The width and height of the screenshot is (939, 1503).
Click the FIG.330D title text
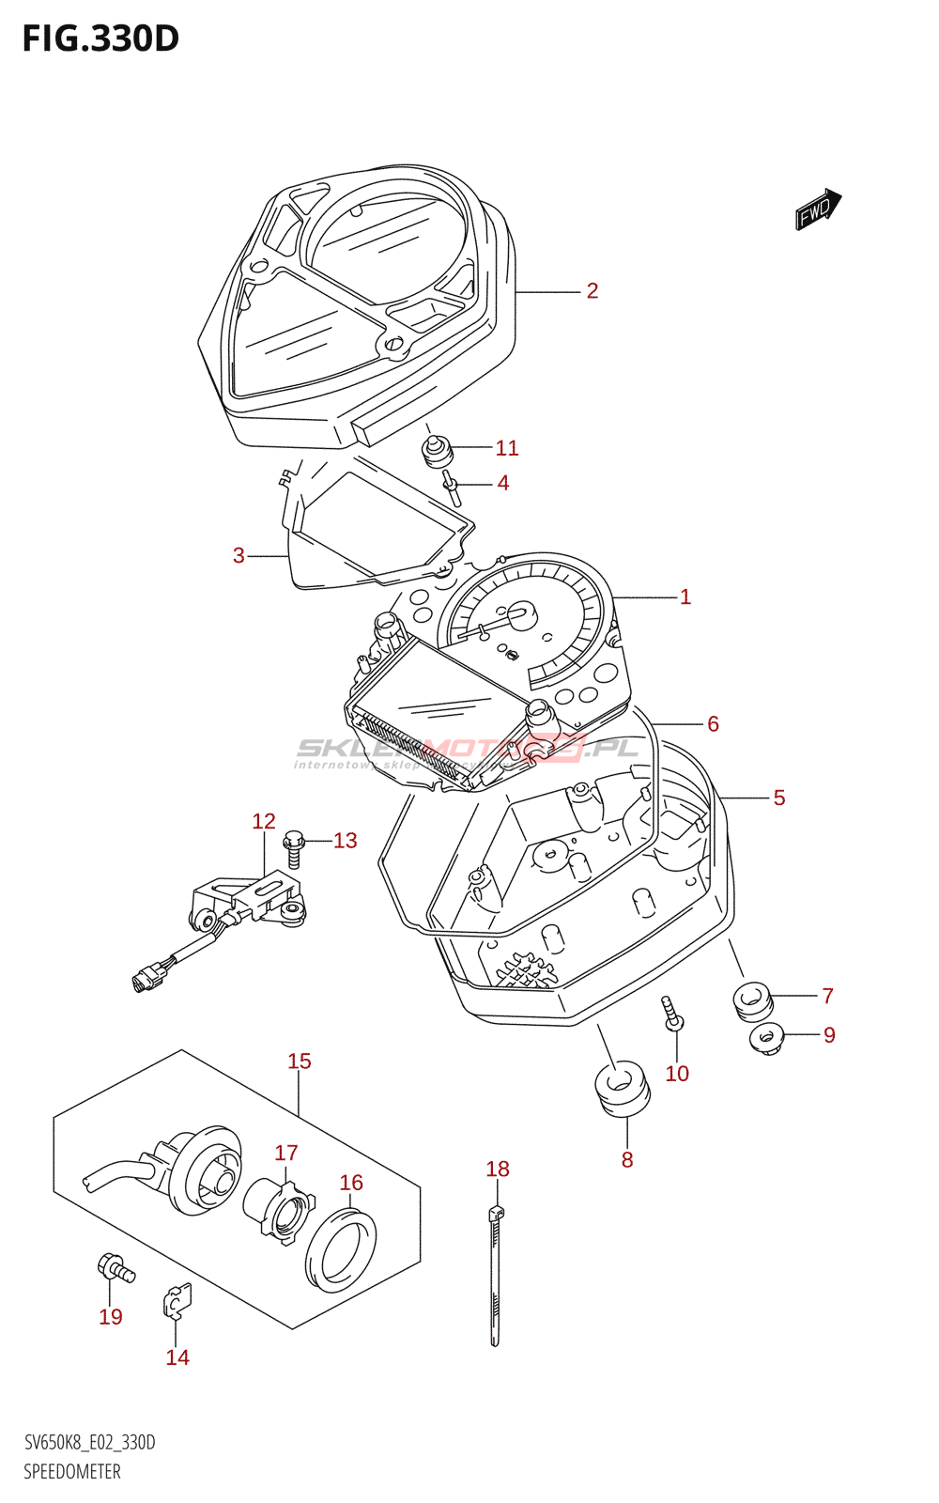100,39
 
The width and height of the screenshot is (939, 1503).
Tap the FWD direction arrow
818,209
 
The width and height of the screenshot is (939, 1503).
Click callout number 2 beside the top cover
593,291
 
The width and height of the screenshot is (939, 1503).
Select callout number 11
507,448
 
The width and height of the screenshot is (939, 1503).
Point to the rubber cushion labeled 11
436,452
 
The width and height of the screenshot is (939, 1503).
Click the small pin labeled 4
453,488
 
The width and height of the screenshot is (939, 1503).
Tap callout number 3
239,556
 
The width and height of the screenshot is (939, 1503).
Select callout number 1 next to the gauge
685,597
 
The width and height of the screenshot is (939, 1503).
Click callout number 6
714,724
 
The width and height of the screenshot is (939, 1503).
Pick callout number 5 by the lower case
779,798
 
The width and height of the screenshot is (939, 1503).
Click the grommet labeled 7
752,999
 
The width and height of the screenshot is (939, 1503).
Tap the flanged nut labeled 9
767,1039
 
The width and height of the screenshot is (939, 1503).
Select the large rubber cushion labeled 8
622,1089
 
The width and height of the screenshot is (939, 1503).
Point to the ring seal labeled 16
341,1251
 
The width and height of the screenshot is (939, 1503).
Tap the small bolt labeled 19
115,1270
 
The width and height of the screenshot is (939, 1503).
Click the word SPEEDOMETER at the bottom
72,1471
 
